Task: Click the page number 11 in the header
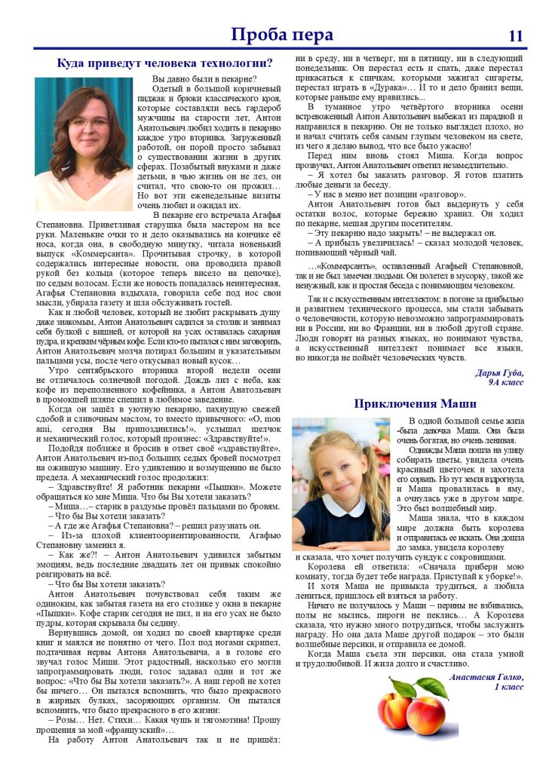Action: (x=516, y=35)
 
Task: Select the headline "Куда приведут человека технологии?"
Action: (x=165, y=63)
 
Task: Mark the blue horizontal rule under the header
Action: (x=273, y=49)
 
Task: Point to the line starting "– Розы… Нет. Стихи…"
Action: (x=162, y=720)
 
